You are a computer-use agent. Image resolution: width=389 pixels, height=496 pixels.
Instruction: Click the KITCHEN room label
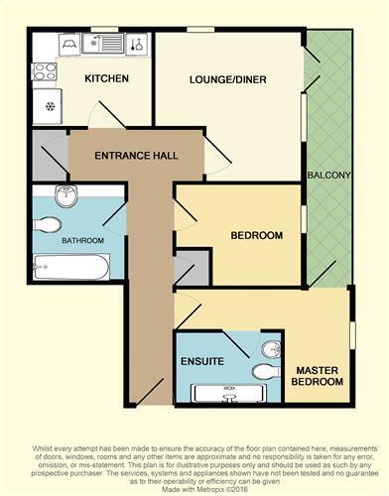pos(107,78)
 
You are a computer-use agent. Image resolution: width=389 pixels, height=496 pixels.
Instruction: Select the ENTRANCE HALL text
pos(136,157)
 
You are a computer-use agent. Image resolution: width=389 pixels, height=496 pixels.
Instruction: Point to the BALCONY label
pos(328,177)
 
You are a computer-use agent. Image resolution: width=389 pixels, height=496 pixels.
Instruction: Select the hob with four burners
pos(46,71)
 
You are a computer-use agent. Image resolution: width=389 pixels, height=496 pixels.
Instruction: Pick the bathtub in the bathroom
pos(69,267)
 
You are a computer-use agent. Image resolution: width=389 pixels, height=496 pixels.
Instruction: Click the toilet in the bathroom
pos(47,224)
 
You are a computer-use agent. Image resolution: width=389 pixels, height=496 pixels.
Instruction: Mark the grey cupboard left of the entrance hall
pos(49,155)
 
